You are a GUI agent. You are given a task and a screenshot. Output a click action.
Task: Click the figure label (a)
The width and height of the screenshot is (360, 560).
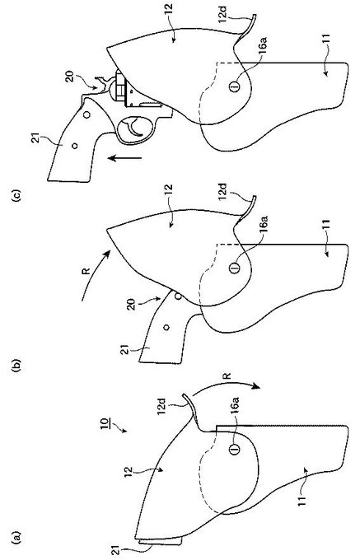click(x=16, y=539)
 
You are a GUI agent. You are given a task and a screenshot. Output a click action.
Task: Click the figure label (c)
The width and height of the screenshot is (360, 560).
click(x=16, y=196)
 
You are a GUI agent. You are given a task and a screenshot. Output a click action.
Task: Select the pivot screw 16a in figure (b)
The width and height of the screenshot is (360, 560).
click(x=234, y=267)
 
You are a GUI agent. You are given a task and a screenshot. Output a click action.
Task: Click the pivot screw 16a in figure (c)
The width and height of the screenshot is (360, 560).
click(x=234, y=86)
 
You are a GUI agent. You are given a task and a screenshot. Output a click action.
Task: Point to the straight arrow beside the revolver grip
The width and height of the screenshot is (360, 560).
click(x=124, y=157)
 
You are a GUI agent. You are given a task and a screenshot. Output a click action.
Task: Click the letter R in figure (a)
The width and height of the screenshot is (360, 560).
click(x=226, y=376)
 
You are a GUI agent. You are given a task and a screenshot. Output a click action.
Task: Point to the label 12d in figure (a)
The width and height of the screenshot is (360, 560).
click(x=161, y=407)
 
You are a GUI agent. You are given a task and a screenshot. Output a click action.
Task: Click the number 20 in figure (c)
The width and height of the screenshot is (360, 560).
click(x=70, y=77)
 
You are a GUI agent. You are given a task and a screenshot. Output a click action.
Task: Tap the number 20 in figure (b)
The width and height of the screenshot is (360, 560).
click(x=132, y=305)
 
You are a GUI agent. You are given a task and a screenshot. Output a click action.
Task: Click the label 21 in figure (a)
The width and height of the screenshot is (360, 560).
click(x=116, y=550)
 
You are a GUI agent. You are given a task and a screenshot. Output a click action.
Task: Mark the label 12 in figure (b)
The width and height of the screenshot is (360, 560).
click(x=169, y=189)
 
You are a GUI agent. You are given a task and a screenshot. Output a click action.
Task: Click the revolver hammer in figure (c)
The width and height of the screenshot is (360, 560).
click(x=101, y=82)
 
